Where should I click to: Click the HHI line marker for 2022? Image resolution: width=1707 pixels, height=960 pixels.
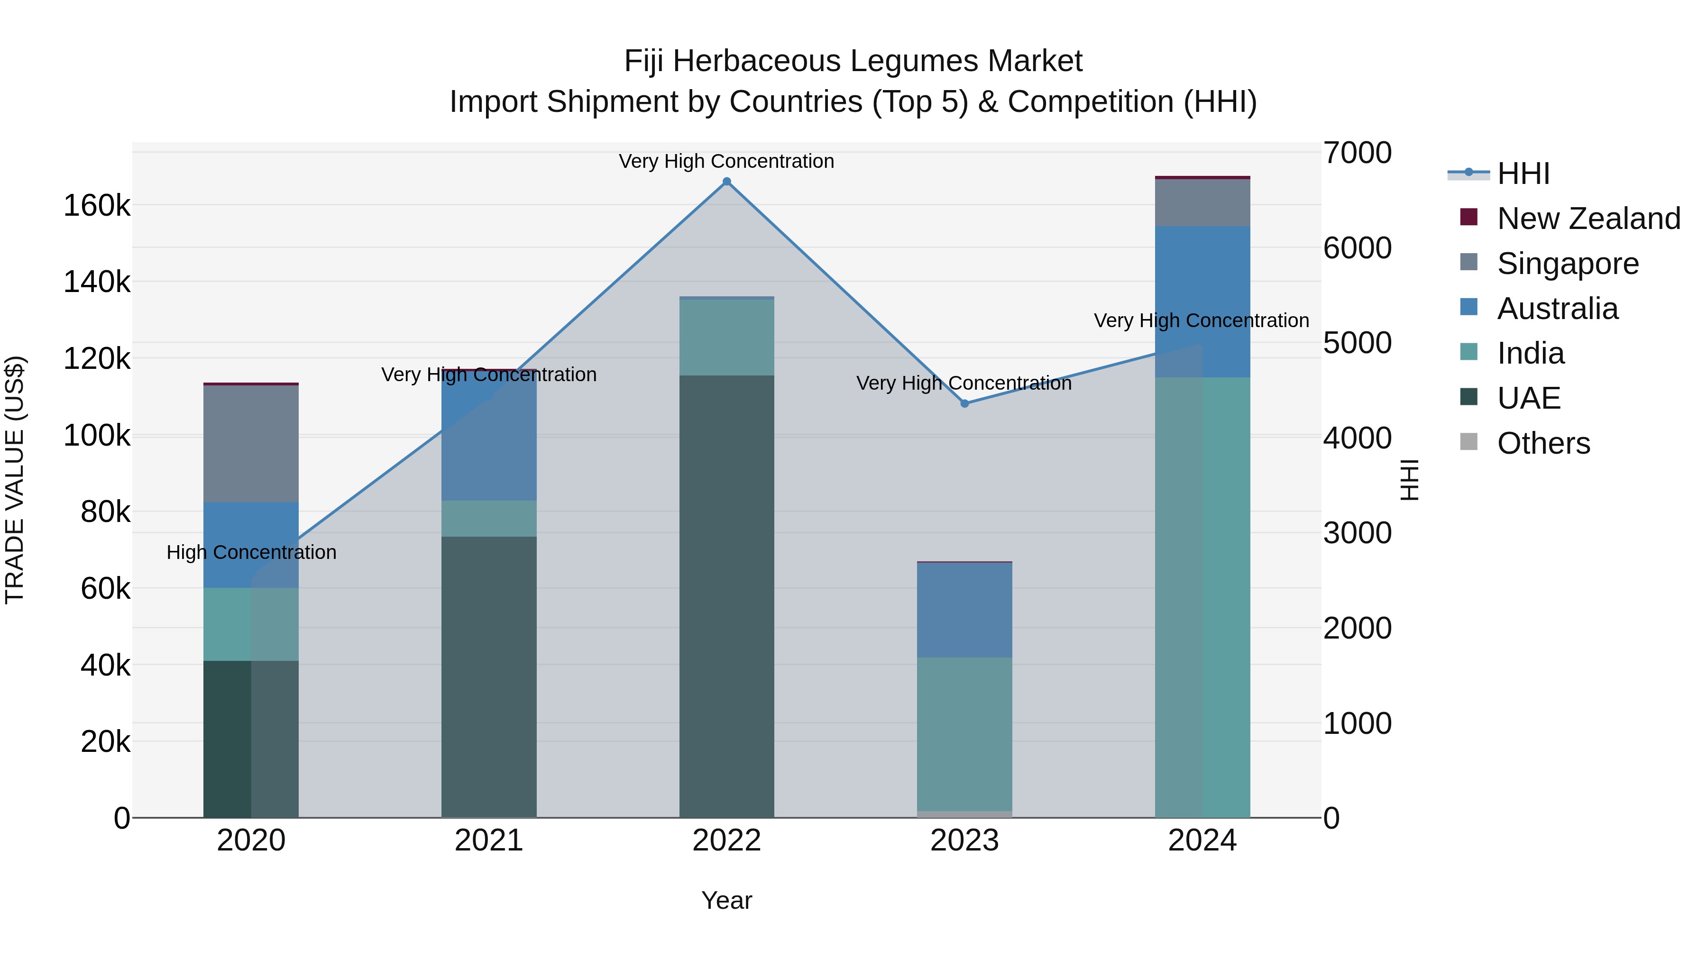point(726,182)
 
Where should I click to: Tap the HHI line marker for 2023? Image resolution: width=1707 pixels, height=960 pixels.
point(964,403)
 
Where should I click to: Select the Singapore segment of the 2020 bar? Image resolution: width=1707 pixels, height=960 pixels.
point(250,443)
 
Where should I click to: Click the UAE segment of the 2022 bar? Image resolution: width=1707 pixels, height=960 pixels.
point(726,596)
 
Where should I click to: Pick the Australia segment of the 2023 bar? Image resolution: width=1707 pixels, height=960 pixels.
point(964,610)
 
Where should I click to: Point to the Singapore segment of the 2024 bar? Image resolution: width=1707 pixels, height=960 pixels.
point(1202,203)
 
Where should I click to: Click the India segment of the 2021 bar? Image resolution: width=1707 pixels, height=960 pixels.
point(488,518)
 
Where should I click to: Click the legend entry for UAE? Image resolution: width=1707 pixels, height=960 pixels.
point(1529,398)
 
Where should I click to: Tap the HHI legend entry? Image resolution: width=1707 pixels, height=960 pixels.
point(1523,174)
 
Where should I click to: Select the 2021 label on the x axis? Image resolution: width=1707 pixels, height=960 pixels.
point(488,841)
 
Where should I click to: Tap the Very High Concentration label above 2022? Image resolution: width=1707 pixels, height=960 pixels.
point(726,161)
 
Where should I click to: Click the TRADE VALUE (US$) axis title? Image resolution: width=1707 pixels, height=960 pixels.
point(15,480)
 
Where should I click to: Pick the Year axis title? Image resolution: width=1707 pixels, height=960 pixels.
point(726,900)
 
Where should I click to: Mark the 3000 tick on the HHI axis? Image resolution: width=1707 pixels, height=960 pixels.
point(1357,533)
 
